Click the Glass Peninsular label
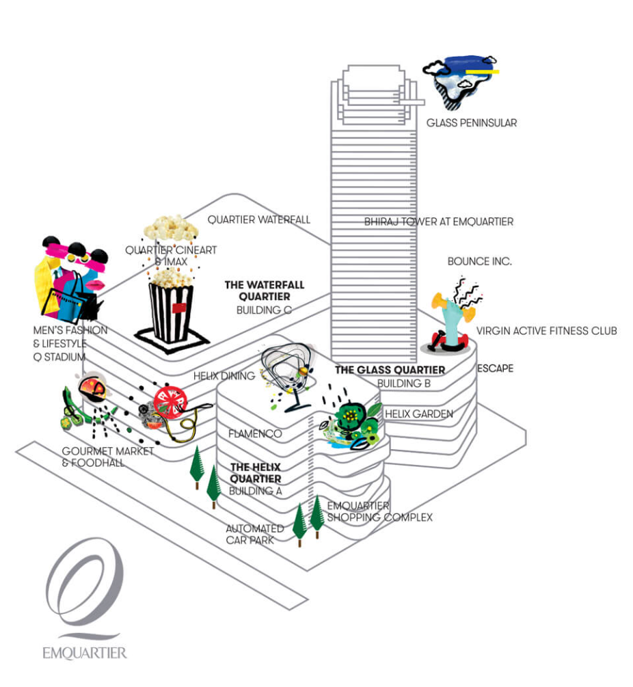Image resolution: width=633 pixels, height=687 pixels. [471, 123]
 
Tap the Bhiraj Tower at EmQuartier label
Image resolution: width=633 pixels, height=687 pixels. [438, 221]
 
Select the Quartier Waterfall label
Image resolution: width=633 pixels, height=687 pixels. [258, 219]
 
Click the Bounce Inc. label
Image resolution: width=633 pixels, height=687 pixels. [479, 261]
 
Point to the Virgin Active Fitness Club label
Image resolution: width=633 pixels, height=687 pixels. [546, 331]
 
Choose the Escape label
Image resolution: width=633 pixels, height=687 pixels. [495, 368]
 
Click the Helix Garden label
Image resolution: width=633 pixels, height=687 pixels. [418, 414]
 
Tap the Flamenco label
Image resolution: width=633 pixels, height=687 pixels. [256, 433]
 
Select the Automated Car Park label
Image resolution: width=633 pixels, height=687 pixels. [254, 534]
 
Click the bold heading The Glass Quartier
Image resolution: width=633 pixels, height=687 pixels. [390, 370]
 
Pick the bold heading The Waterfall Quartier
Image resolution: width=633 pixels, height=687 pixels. [264, 291]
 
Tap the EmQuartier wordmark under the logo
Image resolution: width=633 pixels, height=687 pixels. [84, 652]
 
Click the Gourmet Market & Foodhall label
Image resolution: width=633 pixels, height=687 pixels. [107, 457]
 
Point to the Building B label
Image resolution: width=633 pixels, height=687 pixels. [403, 383]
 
